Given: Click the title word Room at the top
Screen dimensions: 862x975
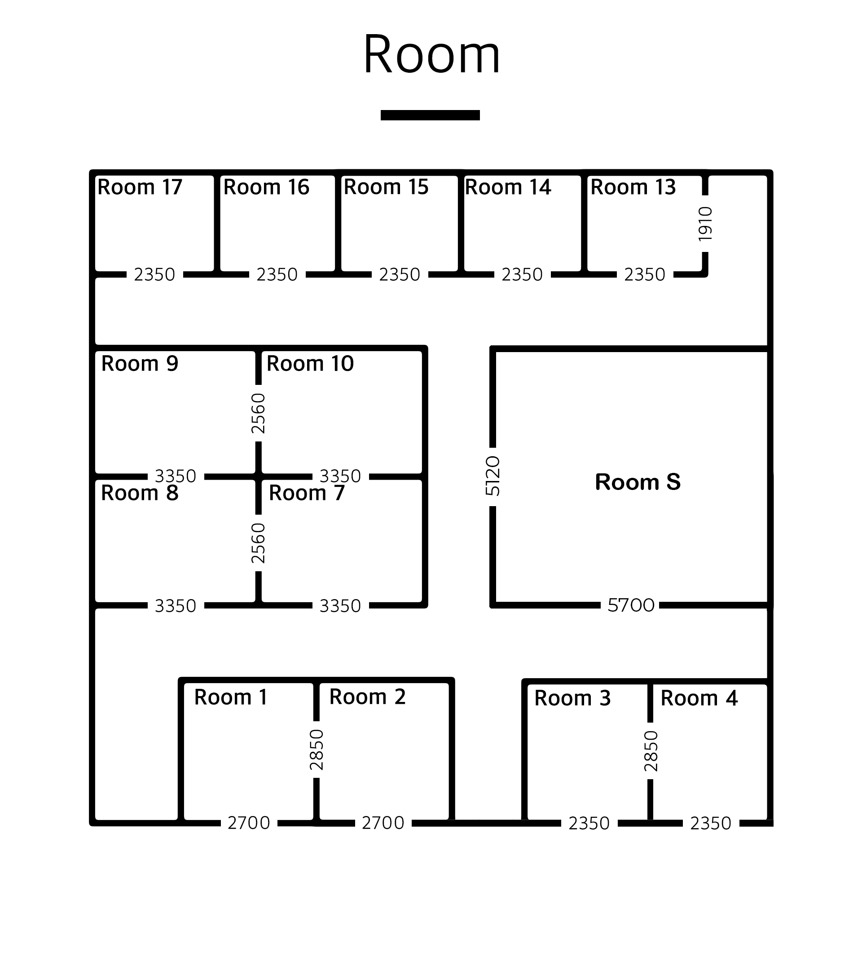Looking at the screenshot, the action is click(x=431, y=54).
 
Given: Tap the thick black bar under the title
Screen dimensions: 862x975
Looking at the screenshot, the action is click(x=430, y=115).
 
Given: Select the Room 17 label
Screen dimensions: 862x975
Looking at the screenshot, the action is click(x=140, y=187).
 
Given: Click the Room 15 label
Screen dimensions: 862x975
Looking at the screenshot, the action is click(x=386, y=187).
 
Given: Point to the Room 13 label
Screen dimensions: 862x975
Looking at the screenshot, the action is click(x=633, y=187).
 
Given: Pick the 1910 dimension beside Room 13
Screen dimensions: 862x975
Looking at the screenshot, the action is click(x=705, y=224).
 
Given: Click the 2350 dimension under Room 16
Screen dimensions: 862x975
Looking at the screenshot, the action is click(x=277, y=275).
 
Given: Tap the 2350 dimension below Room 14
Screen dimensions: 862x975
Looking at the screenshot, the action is click(x=522, y=275).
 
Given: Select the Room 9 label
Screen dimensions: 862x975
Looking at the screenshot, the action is click(x=140, y=363).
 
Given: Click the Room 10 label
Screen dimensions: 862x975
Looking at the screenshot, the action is click(x=310, y=363).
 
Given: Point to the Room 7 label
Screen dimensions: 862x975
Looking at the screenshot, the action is click(x=307, y=493).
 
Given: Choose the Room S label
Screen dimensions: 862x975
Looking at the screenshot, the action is click(x=638, y=482).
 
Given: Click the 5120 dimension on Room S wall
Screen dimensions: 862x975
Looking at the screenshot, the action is click(x=493, y=476).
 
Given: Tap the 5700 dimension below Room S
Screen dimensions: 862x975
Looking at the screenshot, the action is click(x=631, y=605).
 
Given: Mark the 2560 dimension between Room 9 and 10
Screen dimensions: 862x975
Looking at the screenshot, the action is click(x=258, y=413).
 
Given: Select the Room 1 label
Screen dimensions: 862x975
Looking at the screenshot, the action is click(x=231, y=697).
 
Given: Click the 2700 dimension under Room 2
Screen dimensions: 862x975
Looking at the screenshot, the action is click(x=383, y=823).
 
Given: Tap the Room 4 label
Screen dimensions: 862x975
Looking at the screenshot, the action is click(x=699, y=698).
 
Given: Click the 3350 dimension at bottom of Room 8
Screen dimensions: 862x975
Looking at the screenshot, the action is click(x=176, y=606).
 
